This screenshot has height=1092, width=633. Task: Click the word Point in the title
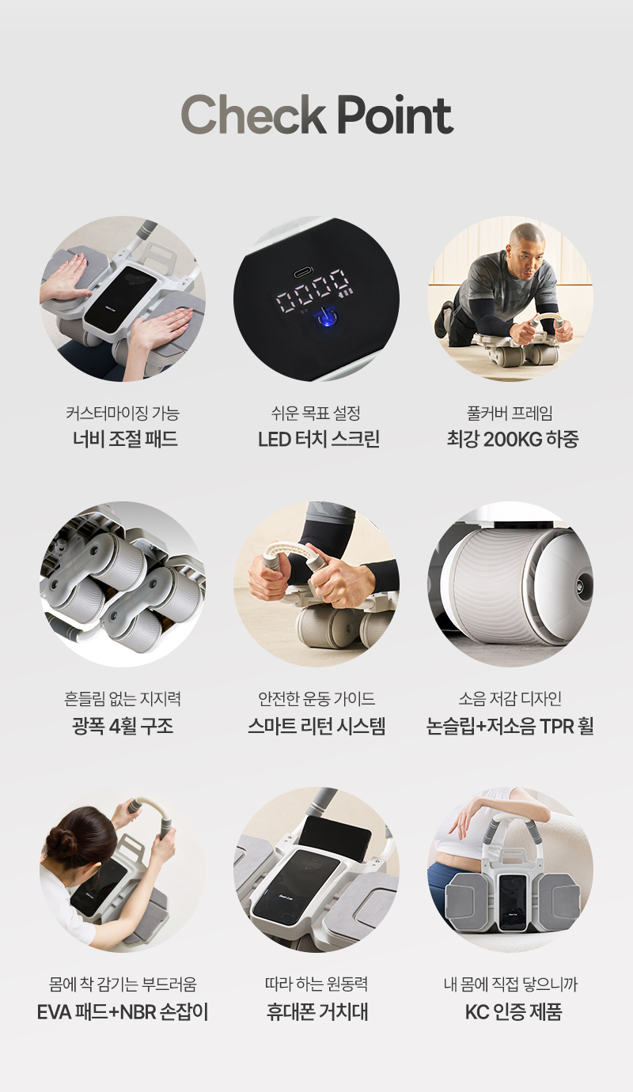tap(395, 115)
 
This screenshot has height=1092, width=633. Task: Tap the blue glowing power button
tap(324, 317)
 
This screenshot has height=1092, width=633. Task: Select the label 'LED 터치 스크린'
tap(319, 439)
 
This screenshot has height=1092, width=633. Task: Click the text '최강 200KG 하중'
tap(513, 439)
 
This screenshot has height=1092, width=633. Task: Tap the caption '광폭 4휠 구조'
tap(123, 726)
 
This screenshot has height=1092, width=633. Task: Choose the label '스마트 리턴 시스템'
tap(316, 726)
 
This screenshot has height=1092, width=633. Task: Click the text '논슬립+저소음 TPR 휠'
tap(510, 726)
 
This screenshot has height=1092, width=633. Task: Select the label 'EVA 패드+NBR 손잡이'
tap(123, 1012)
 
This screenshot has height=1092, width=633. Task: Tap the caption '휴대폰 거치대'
tap(317, 1012)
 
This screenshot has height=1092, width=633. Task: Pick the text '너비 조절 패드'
tap(125, 439)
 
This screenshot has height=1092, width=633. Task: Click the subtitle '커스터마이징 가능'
tap(123, 414)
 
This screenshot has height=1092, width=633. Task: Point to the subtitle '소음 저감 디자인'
tap(510, 699)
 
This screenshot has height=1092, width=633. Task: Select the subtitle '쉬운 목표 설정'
tap(316, 414)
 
